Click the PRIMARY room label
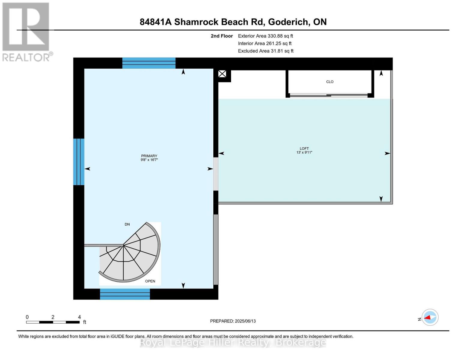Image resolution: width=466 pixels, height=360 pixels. click(149, 158)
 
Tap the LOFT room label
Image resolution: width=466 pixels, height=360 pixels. click(304, 150)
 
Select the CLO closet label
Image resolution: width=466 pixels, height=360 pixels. click(329, 82)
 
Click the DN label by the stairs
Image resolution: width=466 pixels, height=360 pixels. click(127, 224)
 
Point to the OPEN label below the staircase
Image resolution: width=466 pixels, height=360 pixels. click(150, 281)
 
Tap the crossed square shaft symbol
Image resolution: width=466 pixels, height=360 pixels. click(222, 74)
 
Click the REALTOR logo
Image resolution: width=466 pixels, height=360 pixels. click(26, 31)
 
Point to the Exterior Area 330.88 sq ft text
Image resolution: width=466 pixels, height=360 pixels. click(265, 36)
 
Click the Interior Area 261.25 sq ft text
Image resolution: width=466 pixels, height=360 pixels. click(265, 43)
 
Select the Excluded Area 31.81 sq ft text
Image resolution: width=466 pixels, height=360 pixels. click(266, 51)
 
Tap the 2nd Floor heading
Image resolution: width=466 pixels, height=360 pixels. click(222, 36)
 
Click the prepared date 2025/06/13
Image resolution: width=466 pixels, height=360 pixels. click(233, 321)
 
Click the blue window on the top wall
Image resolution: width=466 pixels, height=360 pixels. click(149, 63)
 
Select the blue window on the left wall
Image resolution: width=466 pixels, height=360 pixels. click(79, 162)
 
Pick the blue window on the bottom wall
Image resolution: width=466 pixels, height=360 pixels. click(125, 294)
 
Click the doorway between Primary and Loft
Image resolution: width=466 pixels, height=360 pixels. click(215, 174)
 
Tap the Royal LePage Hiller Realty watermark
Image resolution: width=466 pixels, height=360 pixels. click(233, 342)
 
